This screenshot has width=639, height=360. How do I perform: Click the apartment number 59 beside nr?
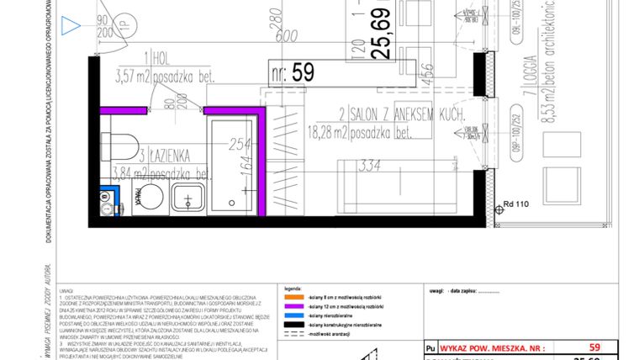click(303, 72)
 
